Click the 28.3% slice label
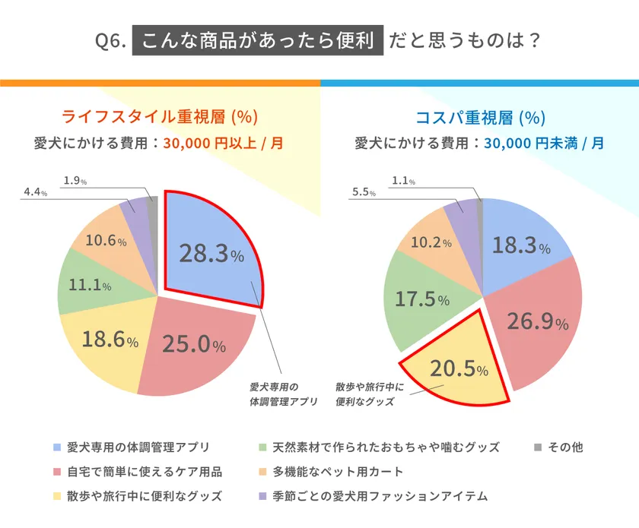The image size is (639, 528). (x=211, y=254)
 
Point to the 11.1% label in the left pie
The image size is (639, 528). (x=91, y=286)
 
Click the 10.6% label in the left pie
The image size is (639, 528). (x=106, y=241)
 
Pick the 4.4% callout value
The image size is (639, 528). (x=36, y=193)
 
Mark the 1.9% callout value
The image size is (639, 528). (x=75, y=181)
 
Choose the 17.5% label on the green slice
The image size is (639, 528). (x=421, y=299)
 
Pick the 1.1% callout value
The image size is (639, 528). (x=404, y=181)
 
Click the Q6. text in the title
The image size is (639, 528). (x=113, y=40)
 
